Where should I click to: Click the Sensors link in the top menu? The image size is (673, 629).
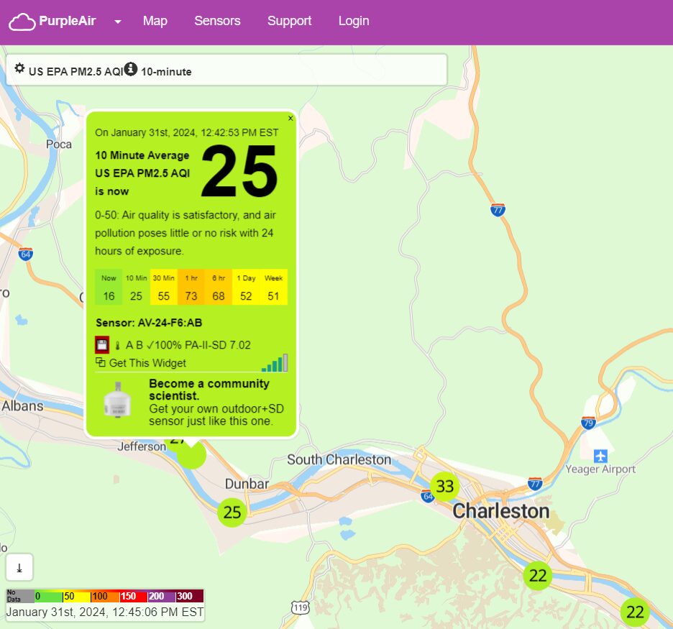pyautogui.click(x=217, y=21)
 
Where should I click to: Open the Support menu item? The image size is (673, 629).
pyautogui.click(x=289, y=21)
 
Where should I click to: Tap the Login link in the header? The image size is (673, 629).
pyautogui.click(x=354, y=21)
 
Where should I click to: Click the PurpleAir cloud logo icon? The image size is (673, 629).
pyautogui.click(x=22, y=22)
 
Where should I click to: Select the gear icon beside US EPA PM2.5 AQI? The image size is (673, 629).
pyautogui.click(x=19, y=69)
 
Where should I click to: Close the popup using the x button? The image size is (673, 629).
pyautogui.click(x=290, y=119)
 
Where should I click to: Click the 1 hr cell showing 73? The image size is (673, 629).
pyautogui.click(x=191, y=288)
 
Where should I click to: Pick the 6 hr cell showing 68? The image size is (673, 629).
pyautogui.click(x=219, y=288)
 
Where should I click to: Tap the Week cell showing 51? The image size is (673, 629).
pyautogui.click(x=273, y=288)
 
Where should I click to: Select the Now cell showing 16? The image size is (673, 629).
pyautogui.click(x=109, y=288)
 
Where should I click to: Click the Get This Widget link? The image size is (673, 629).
pyautogui.click(x=147, y=363)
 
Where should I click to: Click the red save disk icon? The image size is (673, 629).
pyautogui.click(x=102, y=345)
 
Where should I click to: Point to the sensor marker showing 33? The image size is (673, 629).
pyautogui.click(x=445, y=487)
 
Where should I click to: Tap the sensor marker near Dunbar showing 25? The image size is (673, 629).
pyautogui.click(x=232, y=513)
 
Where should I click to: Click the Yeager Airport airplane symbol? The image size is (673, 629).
pyautogui.click(x=601, y=456)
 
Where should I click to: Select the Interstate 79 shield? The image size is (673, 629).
pyautogui.click(x=588, y=423)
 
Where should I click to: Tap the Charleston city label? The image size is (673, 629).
pyautogui.click(x=501, y=512)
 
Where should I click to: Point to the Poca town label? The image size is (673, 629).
pyautogui.click(x=59, y=144)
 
